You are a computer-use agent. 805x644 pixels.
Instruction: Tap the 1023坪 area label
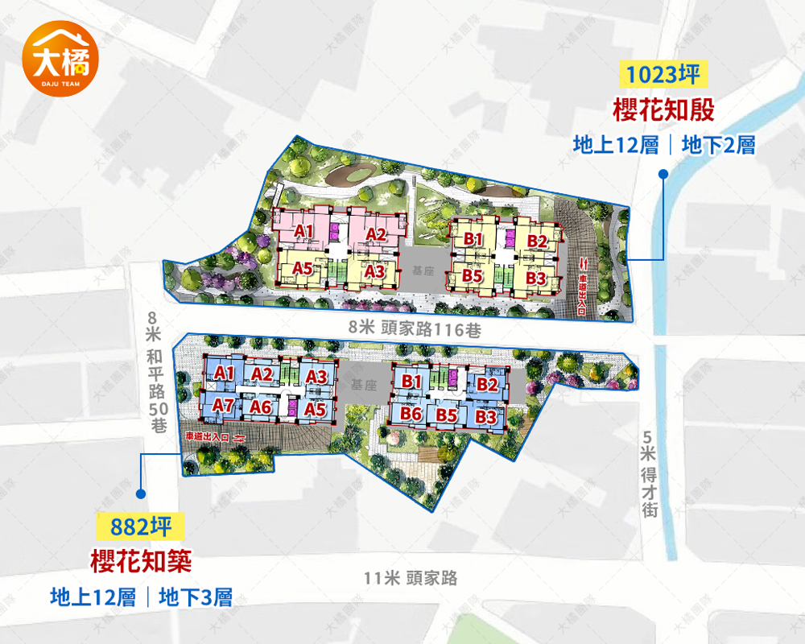pos(664,74)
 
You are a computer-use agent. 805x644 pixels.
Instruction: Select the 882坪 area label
pos(141,527)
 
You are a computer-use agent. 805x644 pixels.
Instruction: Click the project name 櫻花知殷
pos(664,109)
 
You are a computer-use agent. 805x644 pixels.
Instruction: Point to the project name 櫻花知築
pos(141,561)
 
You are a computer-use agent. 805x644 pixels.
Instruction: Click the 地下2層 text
pos(718,146)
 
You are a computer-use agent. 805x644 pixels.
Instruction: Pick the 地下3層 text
pos(196,597)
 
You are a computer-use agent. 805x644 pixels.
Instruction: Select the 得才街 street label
pos(650,483)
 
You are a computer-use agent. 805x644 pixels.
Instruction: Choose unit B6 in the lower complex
pos(412,413)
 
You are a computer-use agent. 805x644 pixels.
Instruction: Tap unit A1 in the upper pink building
pos(303,231)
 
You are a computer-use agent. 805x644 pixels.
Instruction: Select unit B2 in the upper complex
pos(537,240)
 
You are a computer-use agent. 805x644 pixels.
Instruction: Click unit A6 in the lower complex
pos(260,407)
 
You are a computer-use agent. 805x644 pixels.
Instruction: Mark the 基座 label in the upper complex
pos(423,272)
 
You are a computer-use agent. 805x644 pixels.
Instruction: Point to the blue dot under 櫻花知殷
pos(663,173)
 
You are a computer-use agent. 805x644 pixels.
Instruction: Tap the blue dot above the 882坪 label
pos(141,493)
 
